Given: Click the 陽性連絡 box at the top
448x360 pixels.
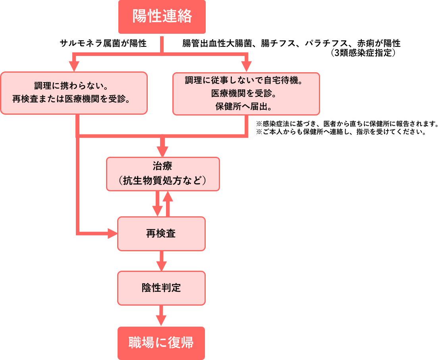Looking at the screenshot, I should [162, 17].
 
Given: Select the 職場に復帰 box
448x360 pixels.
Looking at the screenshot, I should [161, 343].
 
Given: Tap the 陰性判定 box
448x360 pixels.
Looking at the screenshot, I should [161, 288].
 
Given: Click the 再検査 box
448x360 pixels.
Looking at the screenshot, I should [161, 234].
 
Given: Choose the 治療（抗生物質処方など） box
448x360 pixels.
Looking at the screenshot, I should [163, 174].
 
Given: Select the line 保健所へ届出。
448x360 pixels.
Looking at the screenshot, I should [246, 107].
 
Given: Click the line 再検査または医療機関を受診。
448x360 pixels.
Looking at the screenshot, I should [74, 99].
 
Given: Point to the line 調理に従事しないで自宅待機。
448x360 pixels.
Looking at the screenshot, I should [246, 81].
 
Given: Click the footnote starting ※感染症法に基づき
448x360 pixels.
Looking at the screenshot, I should [348, 123].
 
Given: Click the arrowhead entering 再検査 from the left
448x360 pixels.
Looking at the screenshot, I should [113, 234].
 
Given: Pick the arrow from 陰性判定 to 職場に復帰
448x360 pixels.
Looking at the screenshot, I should [161, 316].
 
